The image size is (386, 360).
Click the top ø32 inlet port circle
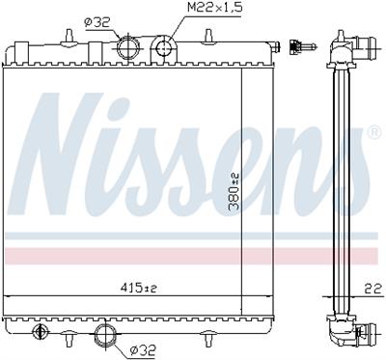[125, 47]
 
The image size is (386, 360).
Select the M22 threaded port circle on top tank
[166, 47]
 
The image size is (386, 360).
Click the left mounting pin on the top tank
[70, 36]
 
